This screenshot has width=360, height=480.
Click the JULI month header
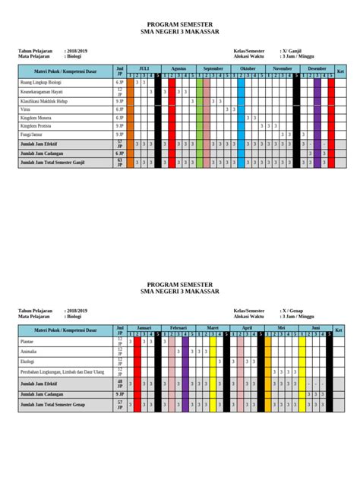tap(144, 68)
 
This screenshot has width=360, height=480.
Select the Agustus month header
tap(178, 68)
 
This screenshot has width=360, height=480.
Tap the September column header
tap(213, 68)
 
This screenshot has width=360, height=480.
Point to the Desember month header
tap(317, 68)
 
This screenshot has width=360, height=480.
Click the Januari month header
tap(144, 327)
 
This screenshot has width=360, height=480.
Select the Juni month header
tap(316, 327)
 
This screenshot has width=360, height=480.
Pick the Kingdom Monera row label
tap(36, 118)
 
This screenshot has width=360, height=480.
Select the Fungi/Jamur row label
tap(33, 134)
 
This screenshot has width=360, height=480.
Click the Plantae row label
tap(27, 342)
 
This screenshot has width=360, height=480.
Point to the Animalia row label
tap(28, 352)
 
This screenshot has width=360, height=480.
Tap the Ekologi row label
tap(27, 362)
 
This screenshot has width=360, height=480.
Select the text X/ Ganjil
tap(292, 51)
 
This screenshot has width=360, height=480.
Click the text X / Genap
tap(293, 311)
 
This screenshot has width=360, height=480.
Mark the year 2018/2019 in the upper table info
tap(77, 51)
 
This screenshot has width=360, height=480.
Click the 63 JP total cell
tap(119, 162)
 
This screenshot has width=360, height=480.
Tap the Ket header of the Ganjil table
tap(340, 71)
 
